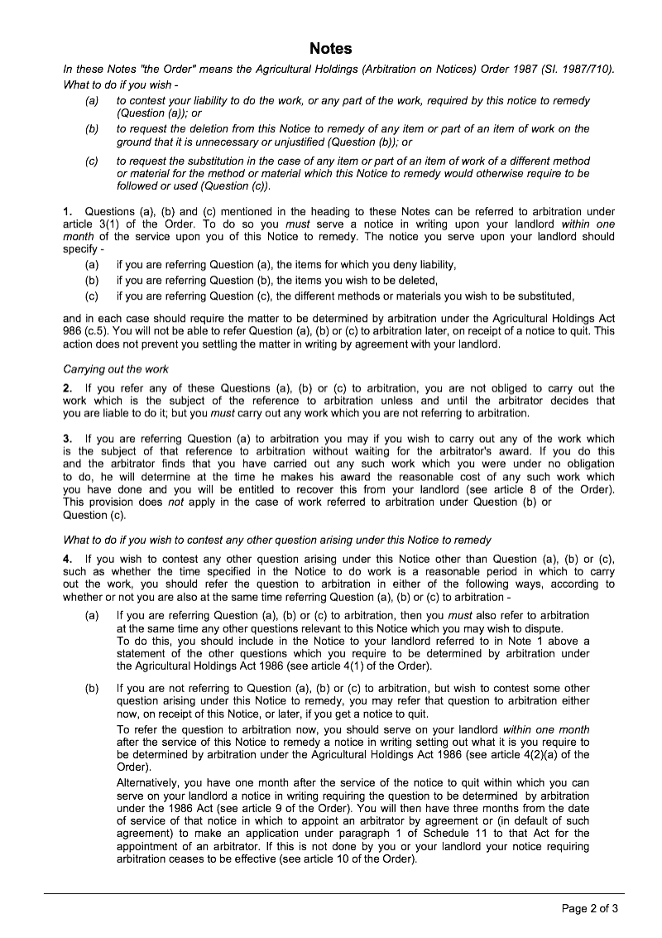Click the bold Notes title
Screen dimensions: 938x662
[x=331, y=49]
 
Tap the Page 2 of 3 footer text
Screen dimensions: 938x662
[x=590, y=908]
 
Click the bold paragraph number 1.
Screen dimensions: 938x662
[x=67, y=212]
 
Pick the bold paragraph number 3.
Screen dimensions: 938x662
[x=67, y=439]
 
